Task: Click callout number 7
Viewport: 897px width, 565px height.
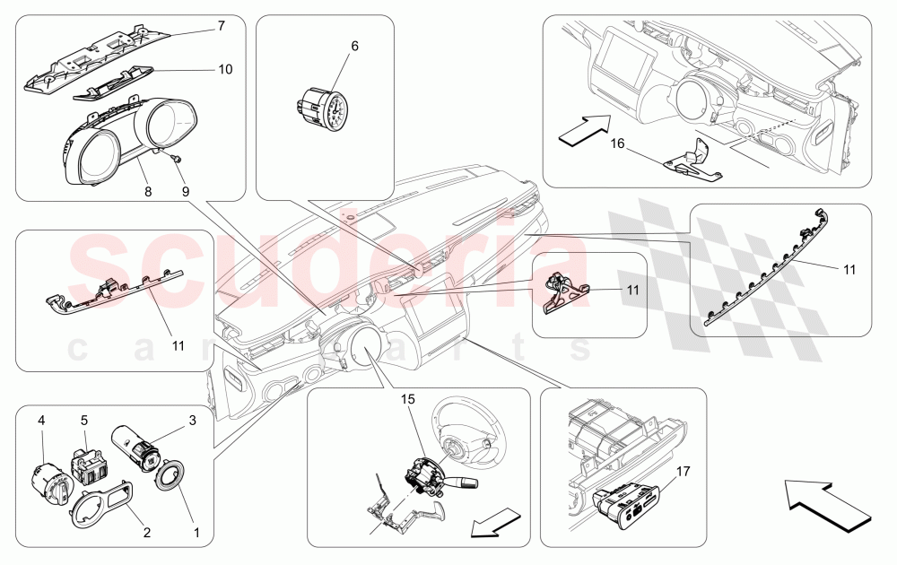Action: (x=221, y=27)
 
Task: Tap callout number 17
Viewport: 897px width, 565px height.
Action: (x=683, y=469)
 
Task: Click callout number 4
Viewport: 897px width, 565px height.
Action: (x=40, y=419)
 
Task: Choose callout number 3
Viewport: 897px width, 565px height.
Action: (x=192, y=419)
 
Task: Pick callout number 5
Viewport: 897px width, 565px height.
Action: (x=83, y=419)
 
